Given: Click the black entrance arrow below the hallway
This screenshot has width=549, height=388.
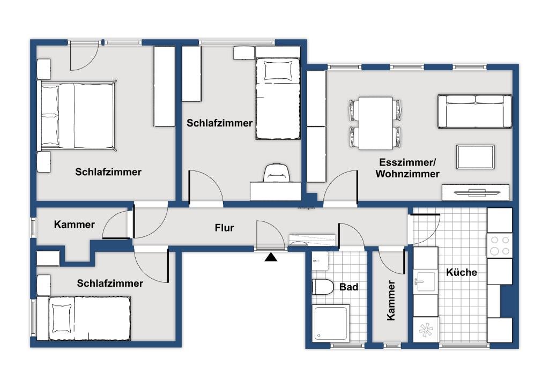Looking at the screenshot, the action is click(x=271, y=257).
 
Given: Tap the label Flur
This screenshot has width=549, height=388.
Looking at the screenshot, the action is click(x=224, y=228).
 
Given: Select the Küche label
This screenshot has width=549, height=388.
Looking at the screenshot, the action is click(x=462, y=272).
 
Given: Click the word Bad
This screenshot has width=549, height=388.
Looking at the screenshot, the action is click(x=348, y=287).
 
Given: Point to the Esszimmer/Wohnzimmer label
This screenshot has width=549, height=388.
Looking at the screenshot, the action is click(x=407, y=168).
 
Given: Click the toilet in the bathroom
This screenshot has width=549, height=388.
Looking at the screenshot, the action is click(x=322, y=287).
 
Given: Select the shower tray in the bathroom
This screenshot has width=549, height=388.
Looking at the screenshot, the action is click(x=330, y=323).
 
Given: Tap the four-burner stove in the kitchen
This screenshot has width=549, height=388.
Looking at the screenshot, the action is click(x=500, y=245).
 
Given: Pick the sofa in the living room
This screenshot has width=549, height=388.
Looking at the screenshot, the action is click(x=474, y=111).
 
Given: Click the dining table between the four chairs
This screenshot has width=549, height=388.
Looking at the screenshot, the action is click(x=375, y=123).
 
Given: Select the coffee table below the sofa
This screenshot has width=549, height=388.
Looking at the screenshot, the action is click(x=475, y=157).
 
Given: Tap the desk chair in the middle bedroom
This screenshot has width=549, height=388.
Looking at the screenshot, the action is click(x=277, y=173).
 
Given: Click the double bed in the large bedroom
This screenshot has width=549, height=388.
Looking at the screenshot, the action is click(x=77, y=115).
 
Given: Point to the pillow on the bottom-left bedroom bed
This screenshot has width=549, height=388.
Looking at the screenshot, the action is click(x=62, y=318).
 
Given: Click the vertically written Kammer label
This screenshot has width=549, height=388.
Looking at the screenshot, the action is click(x=391, y=300).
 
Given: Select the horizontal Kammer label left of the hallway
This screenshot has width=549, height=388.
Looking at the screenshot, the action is click(x=74, y=224).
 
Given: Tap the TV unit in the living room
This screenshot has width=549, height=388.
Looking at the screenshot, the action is click(x=475, y=192).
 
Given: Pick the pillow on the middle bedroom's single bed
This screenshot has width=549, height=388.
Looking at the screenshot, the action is click(x=278, y=71).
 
